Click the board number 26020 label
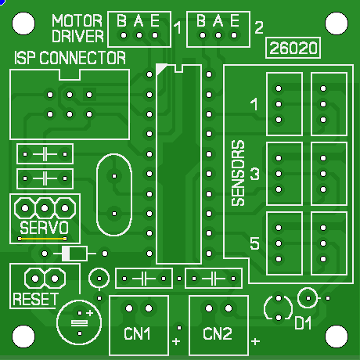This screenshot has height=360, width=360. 293,48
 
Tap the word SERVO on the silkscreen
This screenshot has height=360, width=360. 44,228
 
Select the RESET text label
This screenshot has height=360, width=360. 35,299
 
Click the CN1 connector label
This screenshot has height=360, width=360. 137,333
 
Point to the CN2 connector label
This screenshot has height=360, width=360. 218,333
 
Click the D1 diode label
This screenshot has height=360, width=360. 303,323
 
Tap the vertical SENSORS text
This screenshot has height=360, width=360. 238,173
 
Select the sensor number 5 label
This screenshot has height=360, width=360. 254,243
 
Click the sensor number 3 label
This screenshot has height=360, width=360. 255,174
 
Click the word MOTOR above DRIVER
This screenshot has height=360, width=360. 77,20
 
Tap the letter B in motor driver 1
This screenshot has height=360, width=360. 121,20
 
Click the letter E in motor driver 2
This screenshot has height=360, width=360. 235,20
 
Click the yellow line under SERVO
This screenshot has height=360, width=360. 42,239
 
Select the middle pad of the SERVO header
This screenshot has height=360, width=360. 45,208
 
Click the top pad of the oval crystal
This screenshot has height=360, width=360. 114,176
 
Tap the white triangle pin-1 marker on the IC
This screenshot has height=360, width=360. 160,68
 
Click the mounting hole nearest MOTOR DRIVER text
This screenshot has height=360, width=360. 23,23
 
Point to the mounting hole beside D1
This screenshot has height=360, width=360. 337,337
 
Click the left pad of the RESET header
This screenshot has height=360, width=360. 35,279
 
